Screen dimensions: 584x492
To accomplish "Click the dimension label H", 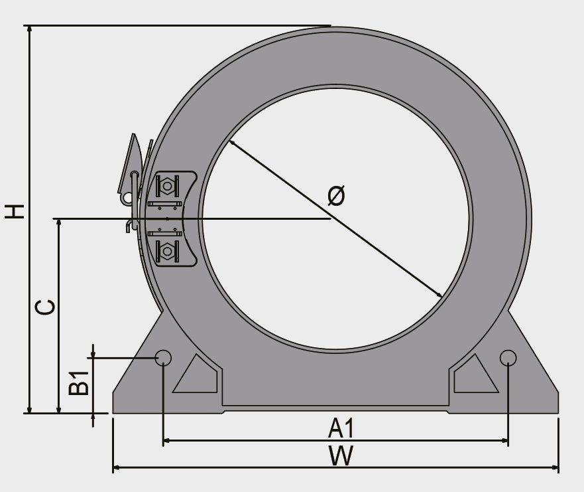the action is [x=14, y=211].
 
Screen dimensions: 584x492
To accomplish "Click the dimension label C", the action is [x=44, y=307].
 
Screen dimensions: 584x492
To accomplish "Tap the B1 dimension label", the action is [x=79, y=382].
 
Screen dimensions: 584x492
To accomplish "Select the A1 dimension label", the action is [x=341, y=428].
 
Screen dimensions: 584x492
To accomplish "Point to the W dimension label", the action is [x=341, y=455].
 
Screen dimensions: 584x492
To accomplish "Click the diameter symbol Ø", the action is [x=336, y=195].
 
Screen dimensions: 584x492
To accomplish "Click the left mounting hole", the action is [x=163, y=358].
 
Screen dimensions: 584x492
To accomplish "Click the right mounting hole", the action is [x=508, y=358].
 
